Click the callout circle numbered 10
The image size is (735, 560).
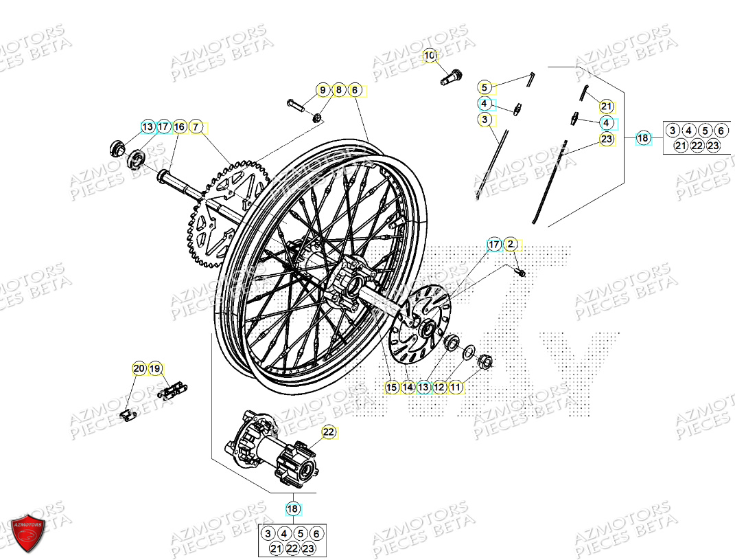(430, 56)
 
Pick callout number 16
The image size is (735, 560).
(179, 127)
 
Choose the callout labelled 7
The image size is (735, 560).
(196, 127)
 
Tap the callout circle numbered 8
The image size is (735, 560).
(338, 90)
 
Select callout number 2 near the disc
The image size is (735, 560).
(511, 244)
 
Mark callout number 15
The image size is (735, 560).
(391, 388)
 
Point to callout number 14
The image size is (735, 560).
(408, 388)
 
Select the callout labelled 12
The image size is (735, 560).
(439, 388)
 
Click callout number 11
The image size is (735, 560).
(455, 388)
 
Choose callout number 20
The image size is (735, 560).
(139, 369)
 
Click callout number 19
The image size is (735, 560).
(155, 369)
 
